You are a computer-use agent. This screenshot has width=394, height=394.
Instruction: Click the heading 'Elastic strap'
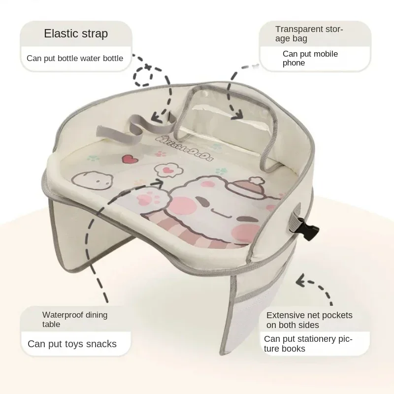(76, 34)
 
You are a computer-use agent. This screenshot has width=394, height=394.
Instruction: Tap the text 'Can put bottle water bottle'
(75, 58)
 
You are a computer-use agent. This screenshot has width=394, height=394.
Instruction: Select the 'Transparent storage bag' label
(309, 33)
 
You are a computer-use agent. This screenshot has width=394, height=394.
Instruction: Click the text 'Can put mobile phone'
(310, 58)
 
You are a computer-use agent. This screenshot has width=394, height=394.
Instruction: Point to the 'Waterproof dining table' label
(74, 319)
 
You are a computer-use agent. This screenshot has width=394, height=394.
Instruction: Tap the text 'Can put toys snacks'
(72, 344)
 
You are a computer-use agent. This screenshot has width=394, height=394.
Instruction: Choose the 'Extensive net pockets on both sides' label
(309, 320)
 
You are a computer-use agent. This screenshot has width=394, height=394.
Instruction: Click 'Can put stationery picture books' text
(309, 344)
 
